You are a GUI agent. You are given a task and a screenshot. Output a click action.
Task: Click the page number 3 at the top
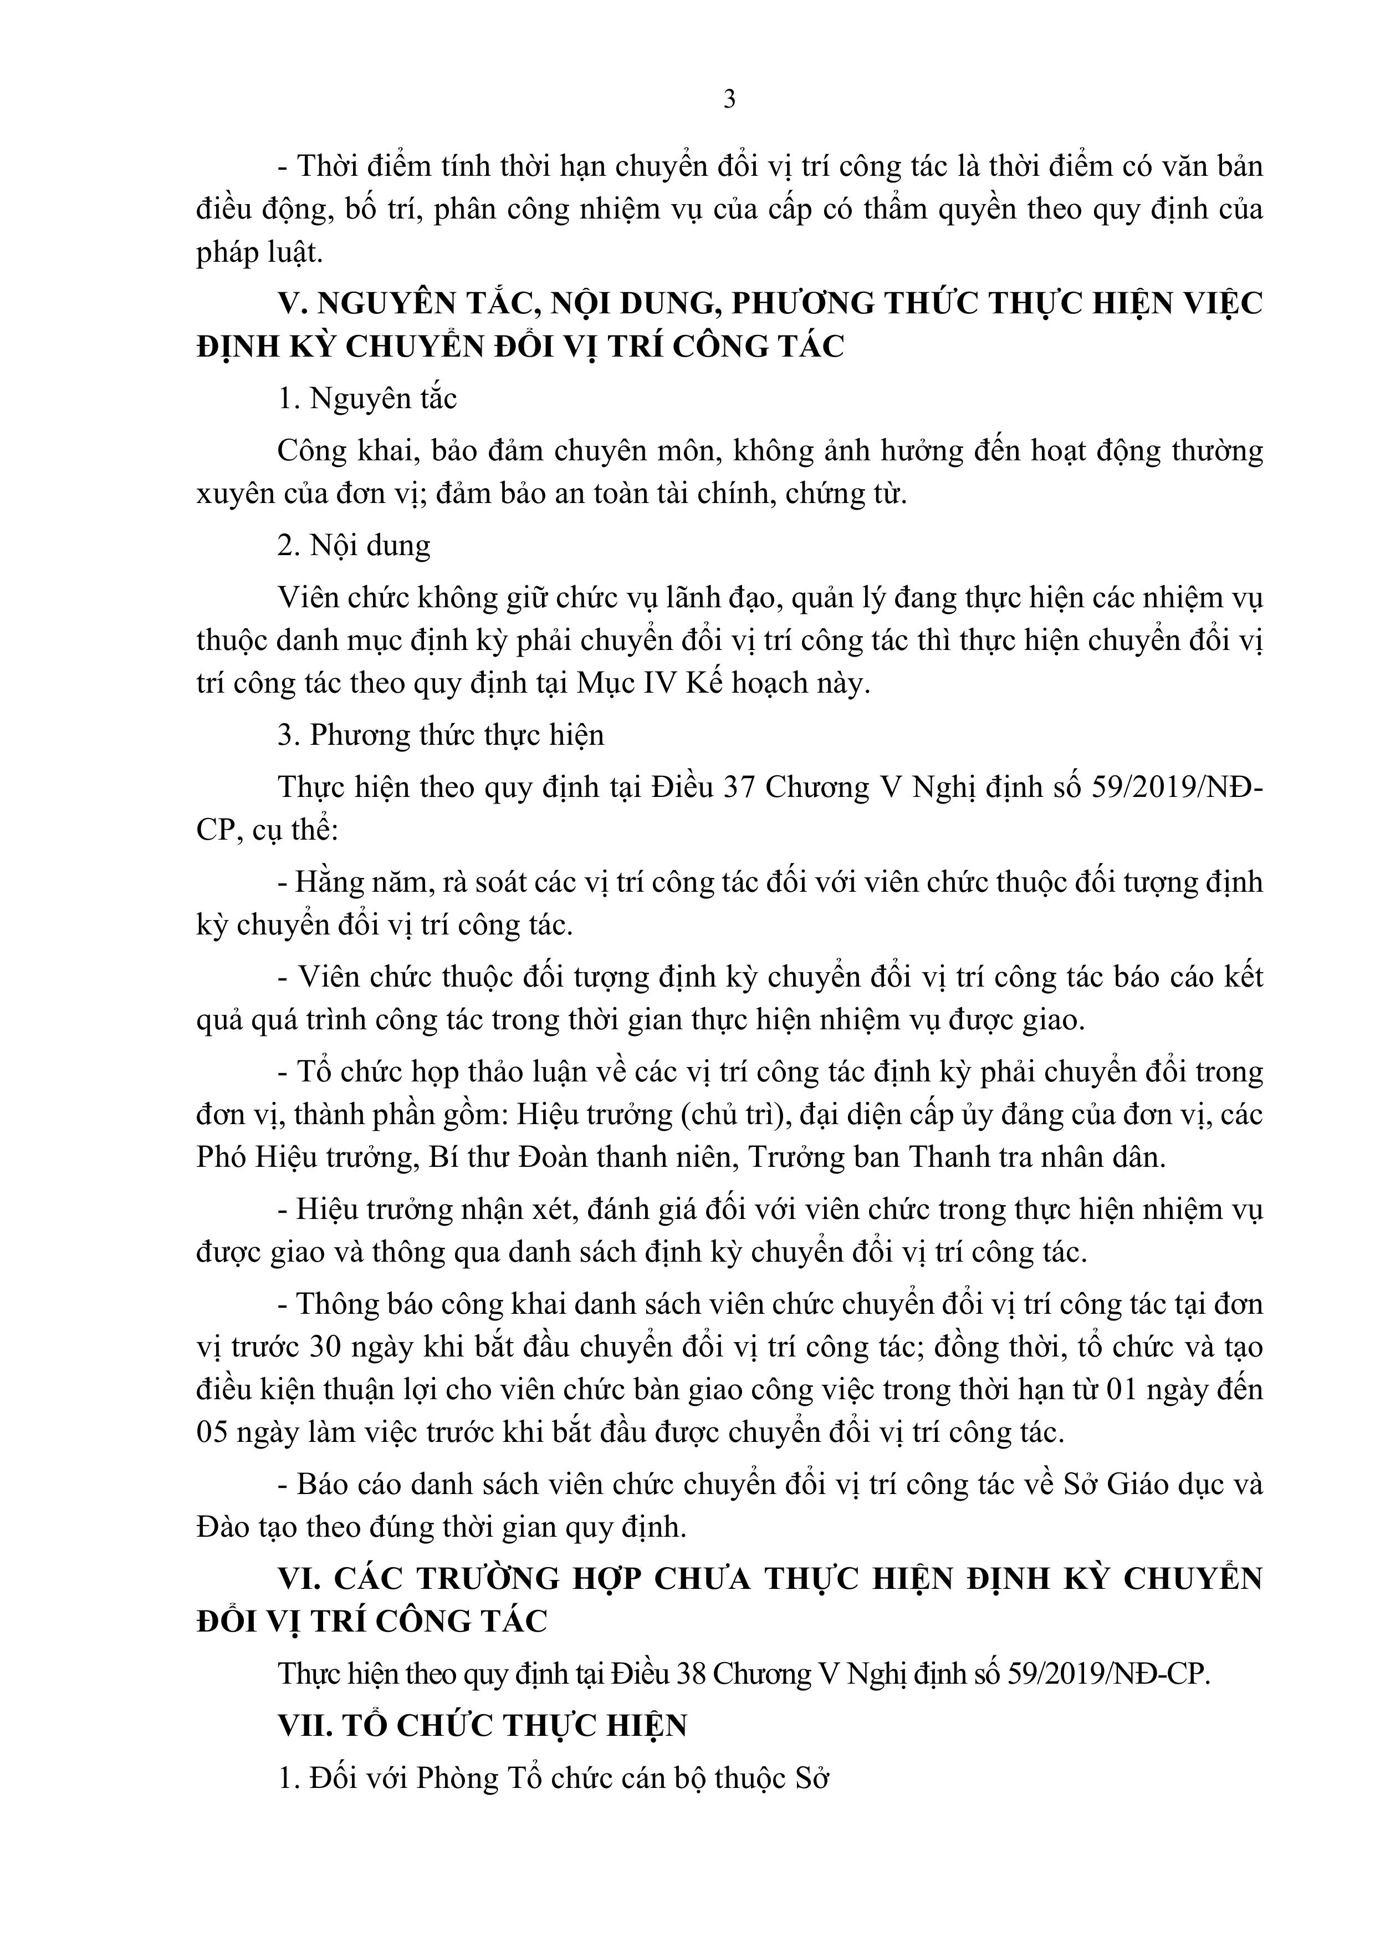click(x=729, y=100)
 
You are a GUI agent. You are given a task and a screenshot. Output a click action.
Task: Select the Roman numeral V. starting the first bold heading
click(x=290, y=303)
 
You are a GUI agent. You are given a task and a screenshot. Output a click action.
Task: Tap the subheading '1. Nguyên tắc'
click(x=367, y=398)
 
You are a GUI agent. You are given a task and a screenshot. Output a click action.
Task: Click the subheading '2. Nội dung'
click(x=354, y=545)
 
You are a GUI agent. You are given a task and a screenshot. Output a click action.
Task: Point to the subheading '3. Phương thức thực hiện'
click(x=441, y=735)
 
